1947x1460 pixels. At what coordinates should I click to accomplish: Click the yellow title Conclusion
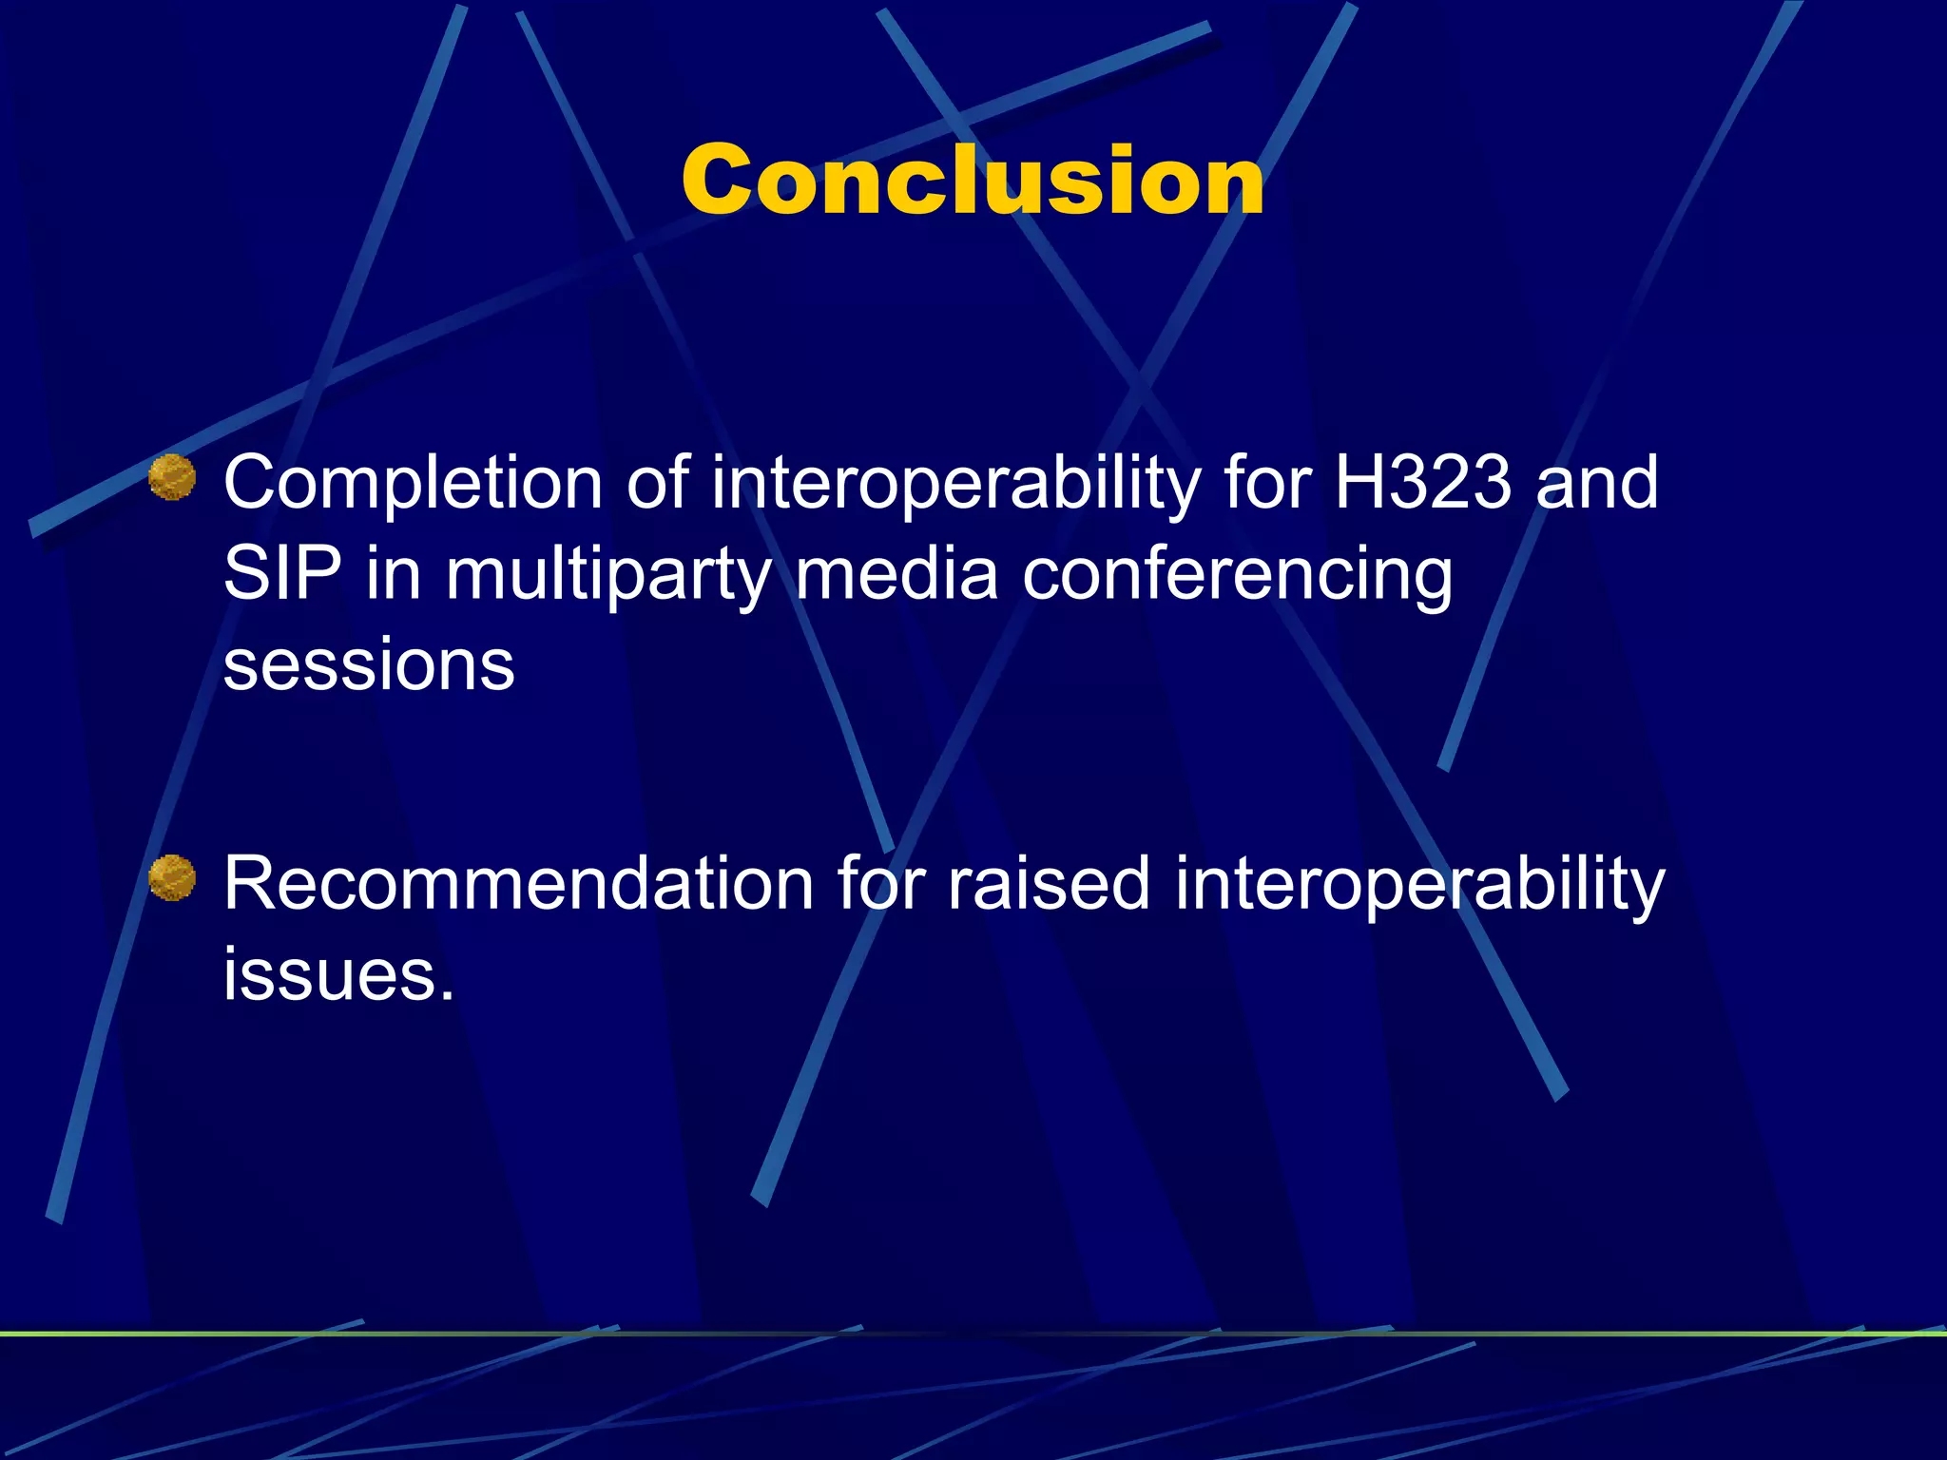973,181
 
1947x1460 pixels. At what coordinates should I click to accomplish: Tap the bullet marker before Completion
172,477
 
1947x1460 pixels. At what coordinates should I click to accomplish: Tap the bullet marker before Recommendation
172,877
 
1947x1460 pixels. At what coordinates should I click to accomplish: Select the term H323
1422,482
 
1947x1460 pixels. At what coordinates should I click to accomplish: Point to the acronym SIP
281,573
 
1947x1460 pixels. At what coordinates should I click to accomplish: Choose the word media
896,573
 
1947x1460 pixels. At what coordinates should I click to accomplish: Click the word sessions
369,664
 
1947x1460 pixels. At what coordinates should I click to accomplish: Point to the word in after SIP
394,573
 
